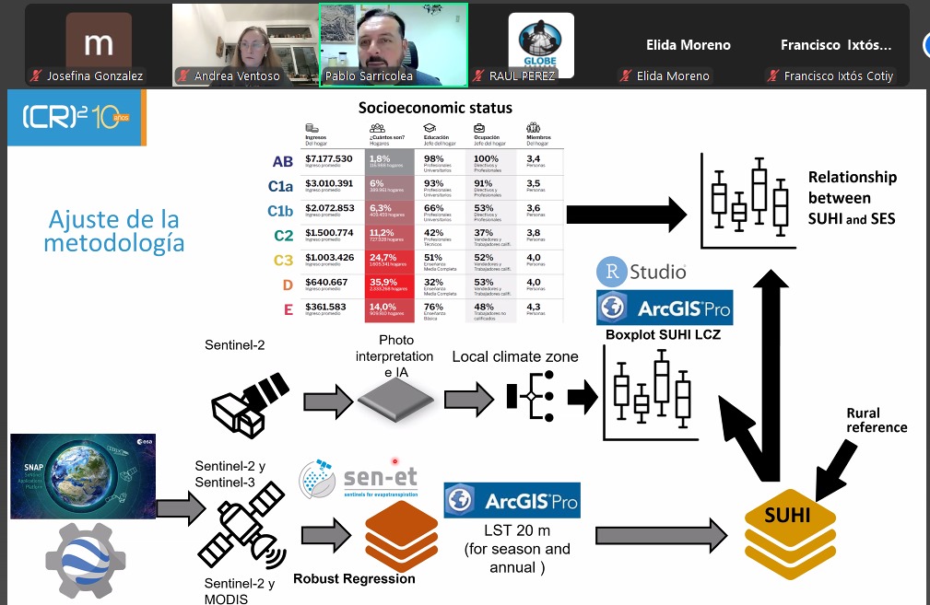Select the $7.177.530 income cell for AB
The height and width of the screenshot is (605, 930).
(328, 159)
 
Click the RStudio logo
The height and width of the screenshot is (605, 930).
(642, 272)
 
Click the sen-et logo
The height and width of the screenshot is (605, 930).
(359, 481)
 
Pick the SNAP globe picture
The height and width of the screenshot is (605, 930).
(82, 476)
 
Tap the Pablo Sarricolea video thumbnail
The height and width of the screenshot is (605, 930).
(394, 44)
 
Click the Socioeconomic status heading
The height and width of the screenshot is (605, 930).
(435, 108)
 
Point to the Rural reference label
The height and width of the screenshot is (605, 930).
(877, 420)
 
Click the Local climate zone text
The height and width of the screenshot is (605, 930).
(514, 356)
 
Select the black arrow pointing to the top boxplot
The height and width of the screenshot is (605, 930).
(628, 215)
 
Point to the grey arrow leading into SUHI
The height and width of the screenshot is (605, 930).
(662, 533)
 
